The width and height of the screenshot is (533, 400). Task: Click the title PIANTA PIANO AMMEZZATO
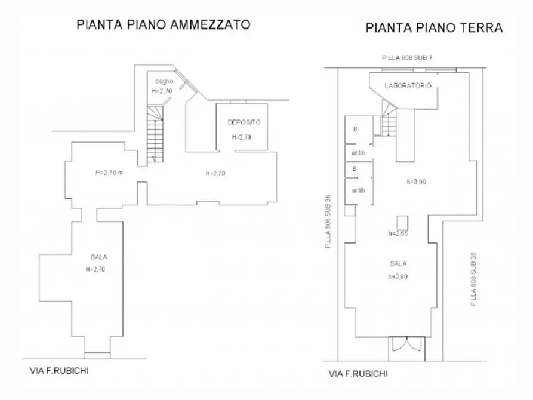tap(162, 25)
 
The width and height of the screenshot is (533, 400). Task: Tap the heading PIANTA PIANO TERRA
tap(434, 27)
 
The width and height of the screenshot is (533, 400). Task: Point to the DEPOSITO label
tap(244, 122)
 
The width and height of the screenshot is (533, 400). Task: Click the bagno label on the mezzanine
tap(164, 81)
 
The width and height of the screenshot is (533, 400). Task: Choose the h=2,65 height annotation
tap(398, 233)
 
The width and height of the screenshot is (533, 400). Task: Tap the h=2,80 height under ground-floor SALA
tap(398, 276)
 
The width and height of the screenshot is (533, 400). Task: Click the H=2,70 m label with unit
tap(110, 173)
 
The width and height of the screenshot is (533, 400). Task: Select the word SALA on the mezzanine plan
tap(98, 257)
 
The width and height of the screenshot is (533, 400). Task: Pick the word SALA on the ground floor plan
tap(398, 263)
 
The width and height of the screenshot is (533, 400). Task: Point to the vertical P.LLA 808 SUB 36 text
tap(328, 221)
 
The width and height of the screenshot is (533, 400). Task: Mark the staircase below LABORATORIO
tap(389, 122)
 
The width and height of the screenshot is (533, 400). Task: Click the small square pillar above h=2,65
tap(402, 220)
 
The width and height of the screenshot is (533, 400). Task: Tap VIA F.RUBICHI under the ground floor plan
tap(358, 374)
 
